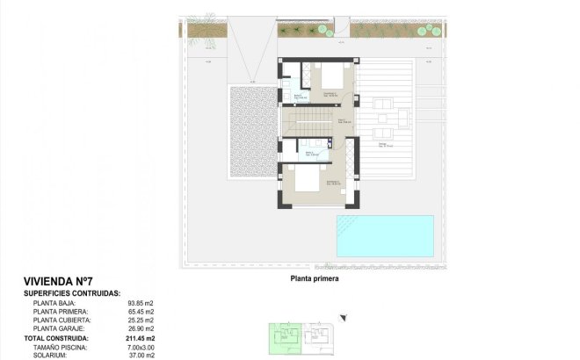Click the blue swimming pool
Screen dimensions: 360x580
point(384,233)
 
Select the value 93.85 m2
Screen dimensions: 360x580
point(140,303)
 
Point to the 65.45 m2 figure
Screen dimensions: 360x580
point(140,312)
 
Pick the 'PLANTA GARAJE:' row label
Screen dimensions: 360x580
point(59,328)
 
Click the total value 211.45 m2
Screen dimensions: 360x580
point(139,337)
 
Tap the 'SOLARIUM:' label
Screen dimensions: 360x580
point(51,354)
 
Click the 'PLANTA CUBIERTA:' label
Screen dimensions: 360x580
point(61,320)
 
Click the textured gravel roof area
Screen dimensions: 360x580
point(252,131)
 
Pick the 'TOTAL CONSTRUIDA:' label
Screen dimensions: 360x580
point(56,337)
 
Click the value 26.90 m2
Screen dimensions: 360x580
point(140,328)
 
